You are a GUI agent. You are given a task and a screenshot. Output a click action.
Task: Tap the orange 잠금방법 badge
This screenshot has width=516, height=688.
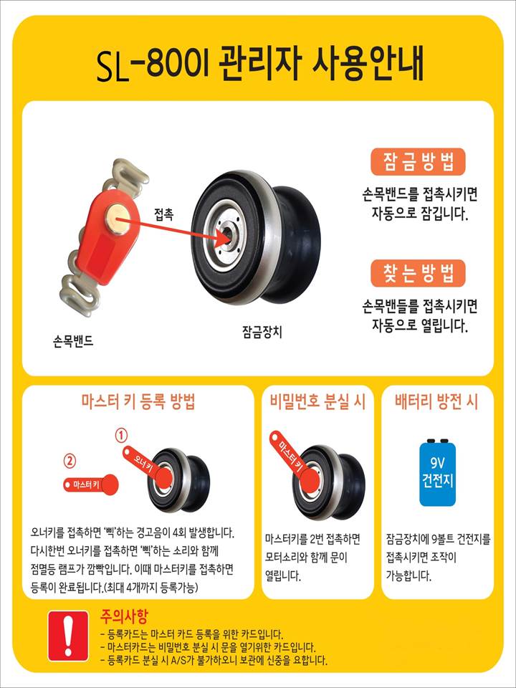click(418, 161)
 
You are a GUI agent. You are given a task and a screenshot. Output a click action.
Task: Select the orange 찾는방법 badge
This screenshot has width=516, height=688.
click(418, 273)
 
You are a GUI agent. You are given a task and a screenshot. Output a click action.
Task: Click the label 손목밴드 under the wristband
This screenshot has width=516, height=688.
click(71, 341)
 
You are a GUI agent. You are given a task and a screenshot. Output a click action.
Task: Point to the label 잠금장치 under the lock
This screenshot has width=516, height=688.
click(262, 331)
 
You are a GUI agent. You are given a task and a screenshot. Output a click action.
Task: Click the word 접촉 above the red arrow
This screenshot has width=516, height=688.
click(163, 215)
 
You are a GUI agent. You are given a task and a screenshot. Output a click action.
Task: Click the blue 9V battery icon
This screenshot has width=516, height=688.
click(437, 472)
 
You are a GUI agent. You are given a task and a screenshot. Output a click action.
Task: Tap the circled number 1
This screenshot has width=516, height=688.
click(121, 436)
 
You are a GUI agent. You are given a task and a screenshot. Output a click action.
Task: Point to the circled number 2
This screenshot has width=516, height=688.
click(70, 461)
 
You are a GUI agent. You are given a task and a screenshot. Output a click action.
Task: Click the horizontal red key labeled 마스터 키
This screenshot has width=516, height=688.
click(91, 484)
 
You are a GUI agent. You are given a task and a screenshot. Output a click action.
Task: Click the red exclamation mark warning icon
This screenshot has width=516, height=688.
click(68, 636)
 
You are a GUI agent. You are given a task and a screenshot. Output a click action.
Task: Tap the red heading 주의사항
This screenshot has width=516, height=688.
click(124, 616)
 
